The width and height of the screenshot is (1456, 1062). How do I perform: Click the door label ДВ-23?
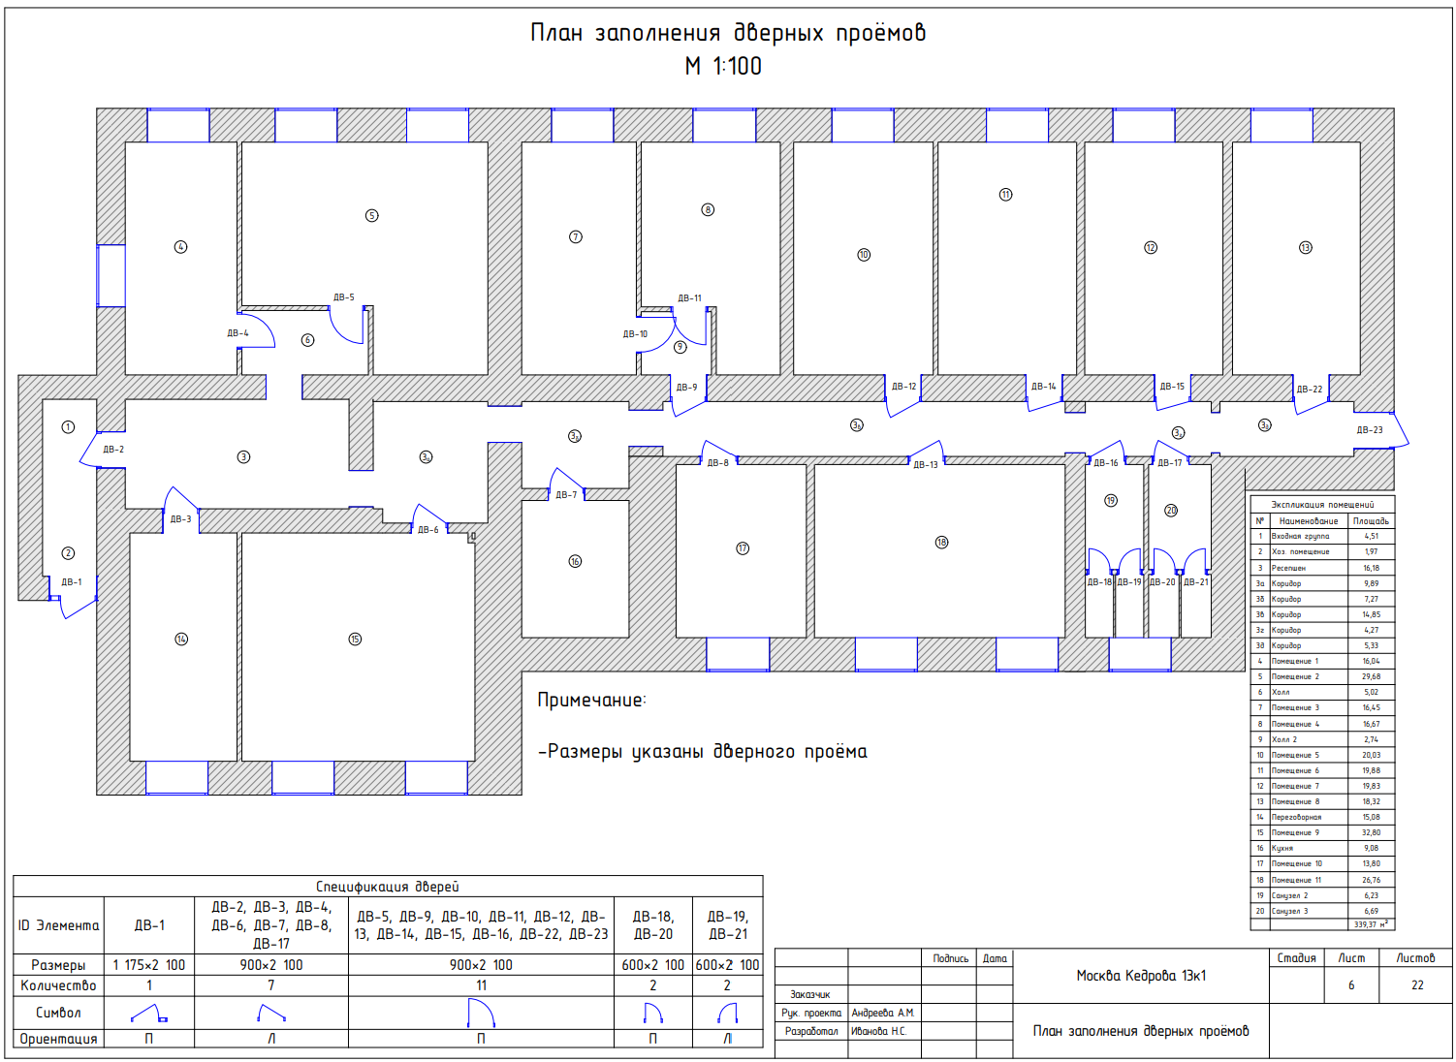tap(1369, 429)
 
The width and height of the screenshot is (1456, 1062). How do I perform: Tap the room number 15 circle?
tap(355, 639)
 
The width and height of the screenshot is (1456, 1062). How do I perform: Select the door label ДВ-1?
tap(72, 582)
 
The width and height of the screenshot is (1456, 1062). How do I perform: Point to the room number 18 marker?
tap(941, 542)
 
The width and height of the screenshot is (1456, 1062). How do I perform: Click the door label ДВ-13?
tap(926, 465)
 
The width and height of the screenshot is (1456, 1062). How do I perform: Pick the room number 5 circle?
tap(371, 215)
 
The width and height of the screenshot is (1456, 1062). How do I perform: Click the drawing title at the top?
tap(727, 33)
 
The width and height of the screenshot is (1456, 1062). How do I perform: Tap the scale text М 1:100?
tap(723, 66)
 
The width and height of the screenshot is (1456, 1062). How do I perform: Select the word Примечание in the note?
tap(591, 700)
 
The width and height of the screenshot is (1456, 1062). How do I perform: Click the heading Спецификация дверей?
tap(387, 886)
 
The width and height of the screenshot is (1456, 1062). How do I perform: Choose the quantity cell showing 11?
tap(481, 985)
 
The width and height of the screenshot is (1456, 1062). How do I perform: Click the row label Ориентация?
tap(58, 1039)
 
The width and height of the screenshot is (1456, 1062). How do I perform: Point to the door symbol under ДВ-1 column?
tap(148, 1014)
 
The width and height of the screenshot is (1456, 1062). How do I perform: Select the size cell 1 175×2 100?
tap(148, 965)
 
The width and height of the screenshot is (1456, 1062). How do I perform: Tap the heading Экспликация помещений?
tap(1322, 505)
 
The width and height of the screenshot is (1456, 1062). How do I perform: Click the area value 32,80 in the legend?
tap(1371, 832)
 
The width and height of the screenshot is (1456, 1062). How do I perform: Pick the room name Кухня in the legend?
tap(1282, 848)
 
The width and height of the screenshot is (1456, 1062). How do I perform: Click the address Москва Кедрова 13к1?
tap(1141, 976)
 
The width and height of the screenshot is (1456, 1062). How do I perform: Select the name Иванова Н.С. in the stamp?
tap(878, 1031)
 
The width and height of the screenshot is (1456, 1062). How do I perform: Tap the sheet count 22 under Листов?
tap(1417, 985)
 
